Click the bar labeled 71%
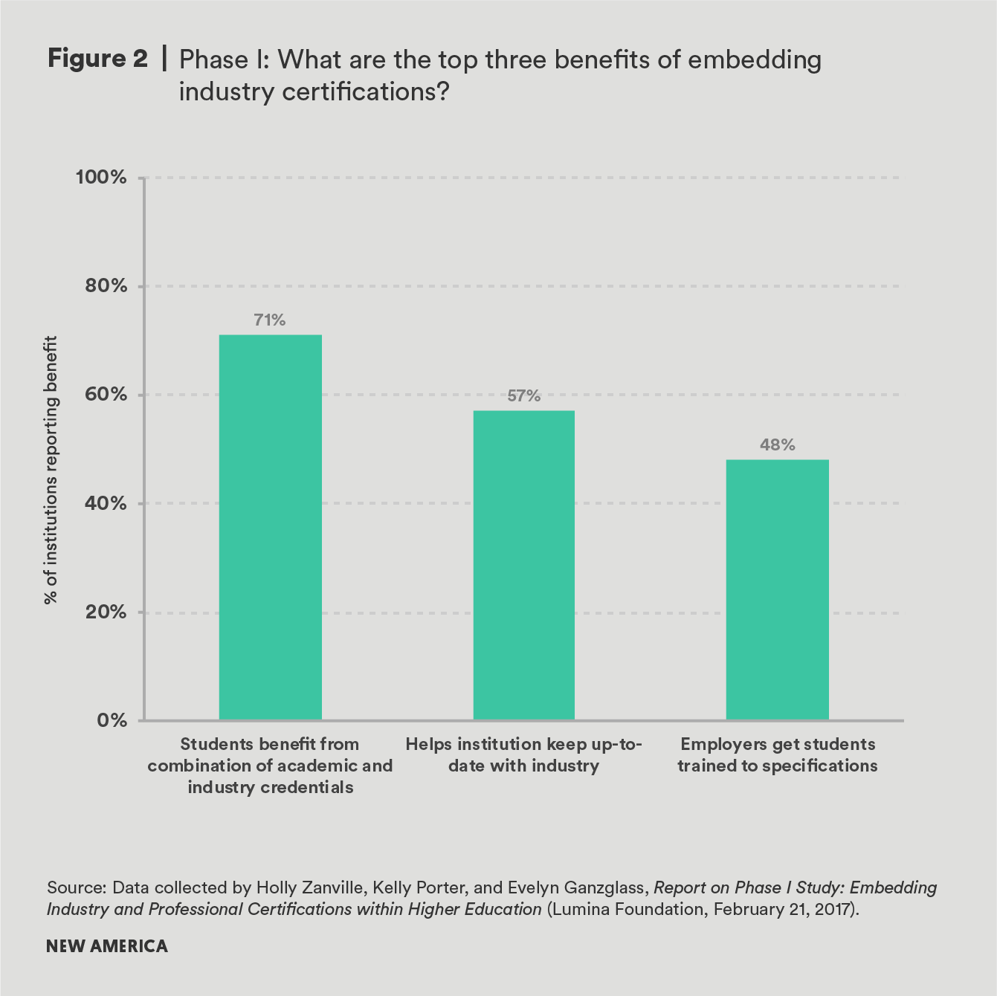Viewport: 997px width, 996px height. pyautogui.click(x=270, y=527)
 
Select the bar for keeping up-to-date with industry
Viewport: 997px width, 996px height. pyautogui.click(x=523, y=565)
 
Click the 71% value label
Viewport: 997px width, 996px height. pyautogui.click(x=270, y=320)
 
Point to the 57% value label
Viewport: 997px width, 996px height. pyautogui.click(x=523, y=396)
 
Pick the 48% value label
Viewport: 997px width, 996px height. pyautogui.click(x=777, y=445)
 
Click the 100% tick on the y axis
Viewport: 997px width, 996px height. pyautogui.click(x=101, y=178)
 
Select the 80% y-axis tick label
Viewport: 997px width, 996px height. pyautogui.click(x=103, y=286)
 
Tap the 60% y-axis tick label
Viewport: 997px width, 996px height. pyautogui.click(x=103, y=395)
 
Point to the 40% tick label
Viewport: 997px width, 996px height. pyautogui.click(x=103, y=503)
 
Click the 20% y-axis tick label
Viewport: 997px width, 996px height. pyautogui.click(x=103, y=612)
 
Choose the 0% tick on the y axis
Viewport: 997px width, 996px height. pyautogui.click(x=110, y=720)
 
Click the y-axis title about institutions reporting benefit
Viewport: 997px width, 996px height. pyautogui.click(x=51, y=470)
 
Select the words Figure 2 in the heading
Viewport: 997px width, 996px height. pyautogui.click(x=97, y=59)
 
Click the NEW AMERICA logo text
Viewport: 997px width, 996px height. pyautogui.click(x=107, y=946)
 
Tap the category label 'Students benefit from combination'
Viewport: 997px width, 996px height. pyautogui.click(x=270, y=766)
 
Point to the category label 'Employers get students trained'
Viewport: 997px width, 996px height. pyautogui.click(x=777, y=755)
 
